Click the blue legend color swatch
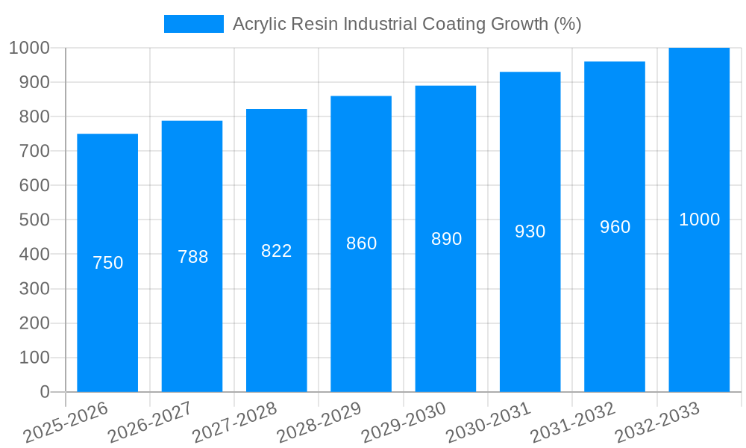click(193, 24)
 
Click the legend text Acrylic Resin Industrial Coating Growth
click(407, 24)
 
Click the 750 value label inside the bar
click(107, 263)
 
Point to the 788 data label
click(192, 257)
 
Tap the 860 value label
click(362, 243)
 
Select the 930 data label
click(530, 231)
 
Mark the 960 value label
click(615, 227)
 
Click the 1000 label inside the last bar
click(699, 220)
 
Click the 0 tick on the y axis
click(44, 392)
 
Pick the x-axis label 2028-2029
click(319, 422)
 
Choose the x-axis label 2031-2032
click(573, 422)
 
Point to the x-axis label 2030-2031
click(489, 422)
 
